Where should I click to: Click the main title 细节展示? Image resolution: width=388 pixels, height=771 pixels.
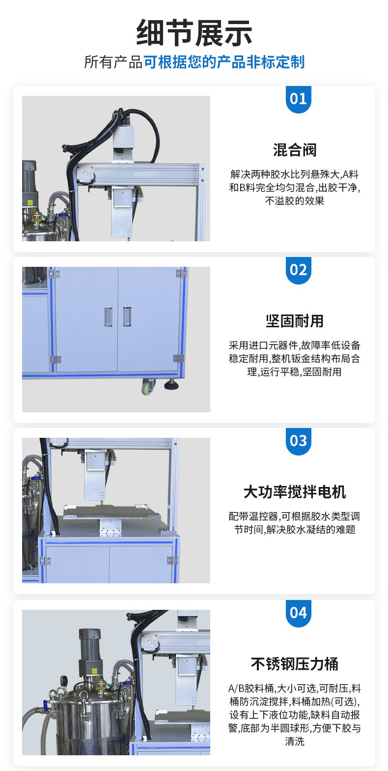(x=194, y=33)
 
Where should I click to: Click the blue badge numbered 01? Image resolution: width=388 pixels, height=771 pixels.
(x=298, y=99)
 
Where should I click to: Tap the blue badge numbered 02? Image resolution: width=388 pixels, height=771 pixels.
(x=298, y=270)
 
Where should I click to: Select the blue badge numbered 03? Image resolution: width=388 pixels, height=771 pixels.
(x=298, y=441)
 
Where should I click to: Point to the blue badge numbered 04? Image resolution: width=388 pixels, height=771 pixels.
(x=298, y=613)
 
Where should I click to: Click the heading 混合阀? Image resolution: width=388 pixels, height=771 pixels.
(x=295, y=150)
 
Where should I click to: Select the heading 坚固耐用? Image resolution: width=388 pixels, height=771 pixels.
(x=295, y=321)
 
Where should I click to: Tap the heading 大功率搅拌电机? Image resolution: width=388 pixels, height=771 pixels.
(x=295, y=492)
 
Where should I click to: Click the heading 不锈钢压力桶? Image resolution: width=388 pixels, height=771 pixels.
(x=295, y=664)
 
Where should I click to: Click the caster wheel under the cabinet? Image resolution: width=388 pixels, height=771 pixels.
(x=148, y=388)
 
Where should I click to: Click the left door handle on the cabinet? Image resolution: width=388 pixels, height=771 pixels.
(x=109, y=317)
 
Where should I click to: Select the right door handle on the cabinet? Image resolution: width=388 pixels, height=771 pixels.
(x=127, y=317)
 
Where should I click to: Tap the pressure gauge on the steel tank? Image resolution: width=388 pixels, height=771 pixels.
(x=64, y=682)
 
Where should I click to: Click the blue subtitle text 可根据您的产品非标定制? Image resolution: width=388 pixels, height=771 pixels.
(x=224, y=62)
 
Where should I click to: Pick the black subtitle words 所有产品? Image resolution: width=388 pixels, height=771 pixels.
(x=113, y=62)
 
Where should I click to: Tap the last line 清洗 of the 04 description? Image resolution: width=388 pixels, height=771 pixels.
(x=295, y=742)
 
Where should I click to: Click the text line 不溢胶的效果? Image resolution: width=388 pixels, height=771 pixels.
(x=295, y=200)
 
